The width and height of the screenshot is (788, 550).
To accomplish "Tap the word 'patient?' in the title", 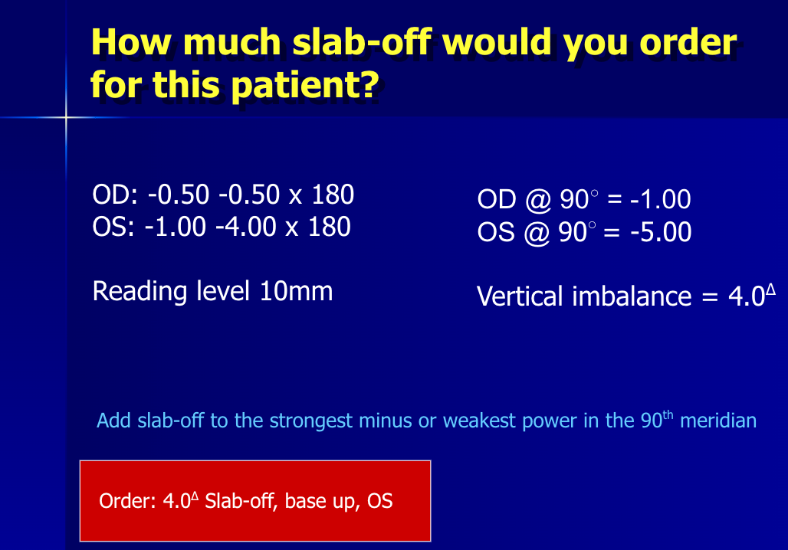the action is pyautogui.click(x=306, y=85).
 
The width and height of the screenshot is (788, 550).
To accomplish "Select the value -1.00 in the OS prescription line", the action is pyautogui.click(x=176, y=227).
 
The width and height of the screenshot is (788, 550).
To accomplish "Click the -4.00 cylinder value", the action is pyautogui.click(x=246, y=227).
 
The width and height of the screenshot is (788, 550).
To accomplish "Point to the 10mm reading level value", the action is pyautogui.click(x=296, y=291).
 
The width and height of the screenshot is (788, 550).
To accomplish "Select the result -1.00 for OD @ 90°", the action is pyautogui.click(x=660, y=199).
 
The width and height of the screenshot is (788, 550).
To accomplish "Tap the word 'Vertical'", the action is pyautogui.click(x=520, y=296).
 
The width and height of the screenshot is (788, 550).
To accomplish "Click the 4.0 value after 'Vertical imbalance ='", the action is pyautogui.click(x=747, y=296).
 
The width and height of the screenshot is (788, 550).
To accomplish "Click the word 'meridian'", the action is pyautogui.click(x=718, y=421).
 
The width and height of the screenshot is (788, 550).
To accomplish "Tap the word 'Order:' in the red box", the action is pyautogui.click(x=128, y=501).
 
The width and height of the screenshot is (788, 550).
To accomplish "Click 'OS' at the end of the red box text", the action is pyautogui.click(x=380, y=501).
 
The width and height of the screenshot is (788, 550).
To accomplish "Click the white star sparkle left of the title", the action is pyautogui.click(x=66, y=118).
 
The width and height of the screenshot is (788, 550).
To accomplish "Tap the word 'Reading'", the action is pyautogui.click(x=139, y=292).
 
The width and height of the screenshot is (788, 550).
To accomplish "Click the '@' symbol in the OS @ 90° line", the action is pyautogui.click(x=537, y=233).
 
